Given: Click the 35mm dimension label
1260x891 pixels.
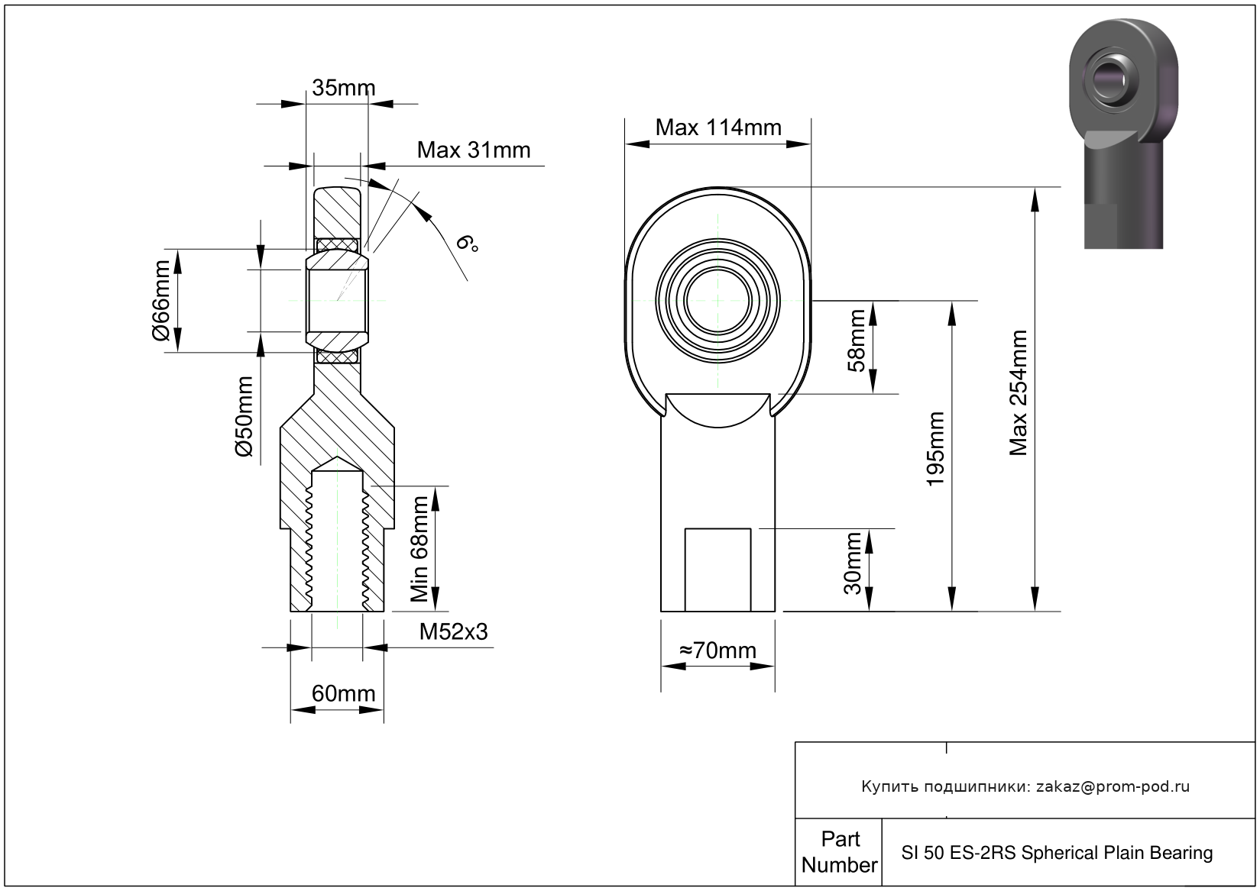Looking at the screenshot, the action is [343, 88].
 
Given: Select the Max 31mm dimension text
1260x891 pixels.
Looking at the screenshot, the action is [474, 150].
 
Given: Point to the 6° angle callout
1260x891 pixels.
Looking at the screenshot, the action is [467, 244].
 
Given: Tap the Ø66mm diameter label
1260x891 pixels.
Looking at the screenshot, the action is [161, 300].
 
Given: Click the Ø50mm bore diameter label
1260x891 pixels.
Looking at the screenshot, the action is [244, 417].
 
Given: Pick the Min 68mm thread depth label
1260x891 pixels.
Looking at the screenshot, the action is [419, 549].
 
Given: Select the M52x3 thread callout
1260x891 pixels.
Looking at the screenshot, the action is [453, 632].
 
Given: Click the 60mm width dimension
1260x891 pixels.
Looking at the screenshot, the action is [343, 694].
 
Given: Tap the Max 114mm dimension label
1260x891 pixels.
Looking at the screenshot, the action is [718, 128].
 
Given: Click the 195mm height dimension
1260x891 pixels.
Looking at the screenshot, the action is [934, 449].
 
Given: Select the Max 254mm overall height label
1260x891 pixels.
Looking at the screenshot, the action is [1018, 393].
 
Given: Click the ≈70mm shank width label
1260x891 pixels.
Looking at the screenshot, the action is [717, 650].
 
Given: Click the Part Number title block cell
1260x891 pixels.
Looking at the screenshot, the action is [839, 852].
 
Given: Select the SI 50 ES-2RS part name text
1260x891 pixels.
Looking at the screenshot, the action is [1057, 853].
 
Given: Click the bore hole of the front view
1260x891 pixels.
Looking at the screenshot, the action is [717, 301].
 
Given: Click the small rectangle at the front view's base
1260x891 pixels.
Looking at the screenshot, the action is [717, 570].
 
